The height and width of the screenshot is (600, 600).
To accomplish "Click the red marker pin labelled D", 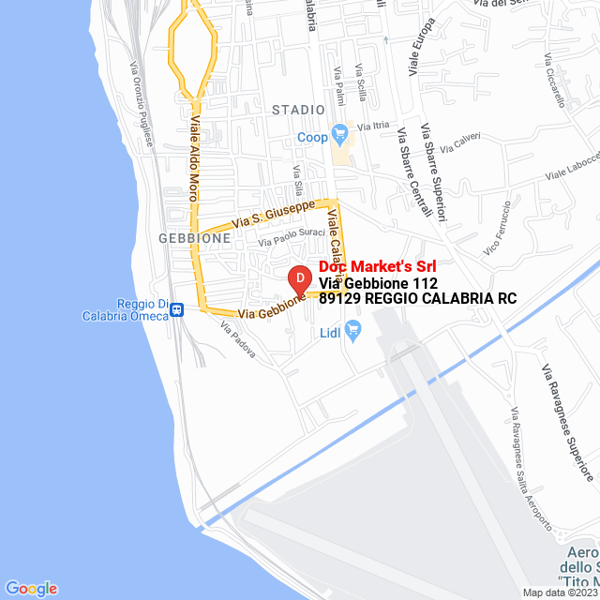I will [298, 279].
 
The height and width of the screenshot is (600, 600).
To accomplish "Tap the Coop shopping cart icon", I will [339, 133].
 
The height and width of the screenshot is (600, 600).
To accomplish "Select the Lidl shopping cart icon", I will [353, 329].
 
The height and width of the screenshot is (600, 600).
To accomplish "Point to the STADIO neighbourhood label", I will [298, 110].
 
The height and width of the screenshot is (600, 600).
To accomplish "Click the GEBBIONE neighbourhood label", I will [195, 238].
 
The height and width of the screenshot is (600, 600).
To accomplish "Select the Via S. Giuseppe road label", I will [274, 213].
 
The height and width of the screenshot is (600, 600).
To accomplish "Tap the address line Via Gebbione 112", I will [378, 283].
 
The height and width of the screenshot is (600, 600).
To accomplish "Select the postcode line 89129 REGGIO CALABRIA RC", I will [417, 299].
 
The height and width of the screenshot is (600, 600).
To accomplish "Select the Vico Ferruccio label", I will [497, 228].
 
